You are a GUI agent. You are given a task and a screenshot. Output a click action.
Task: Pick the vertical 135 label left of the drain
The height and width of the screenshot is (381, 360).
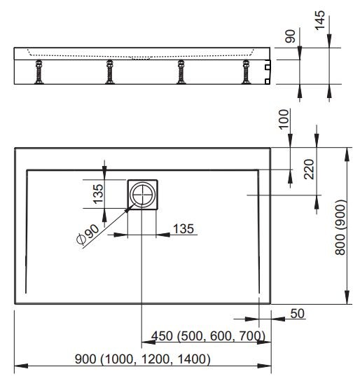click(x=98, y=195)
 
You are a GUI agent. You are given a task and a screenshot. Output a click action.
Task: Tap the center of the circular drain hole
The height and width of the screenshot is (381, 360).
click(x=144, y=194)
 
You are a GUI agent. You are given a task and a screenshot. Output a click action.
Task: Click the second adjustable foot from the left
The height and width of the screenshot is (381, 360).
click(x=109, y=71)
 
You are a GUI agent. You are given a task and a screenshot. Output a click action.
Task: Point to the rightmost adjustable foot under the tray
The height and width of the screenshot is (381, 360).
click(x=246, y=71)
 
